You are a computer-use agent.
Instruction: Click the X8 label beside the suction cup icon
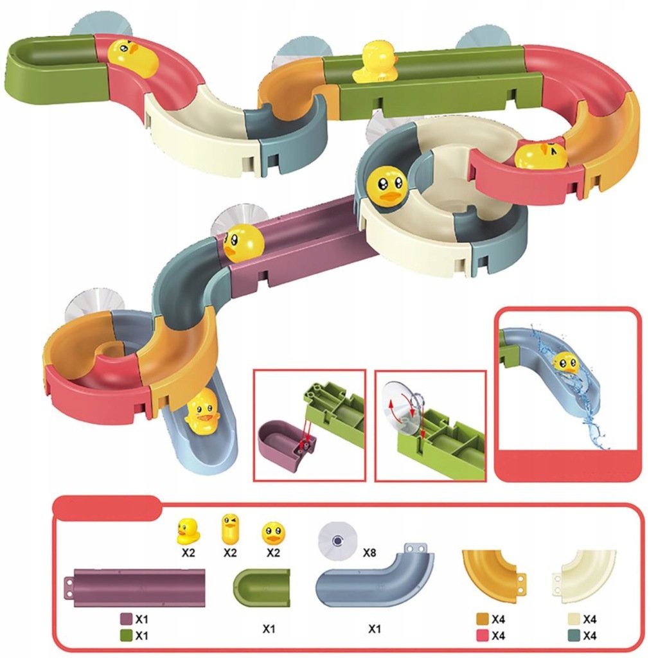369,552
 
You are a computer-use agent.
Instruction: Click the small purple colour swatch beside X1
127,619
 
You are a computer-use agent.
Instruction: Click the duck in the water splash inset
565,363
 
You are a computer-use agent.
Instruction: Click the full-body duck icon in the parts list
188,531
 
